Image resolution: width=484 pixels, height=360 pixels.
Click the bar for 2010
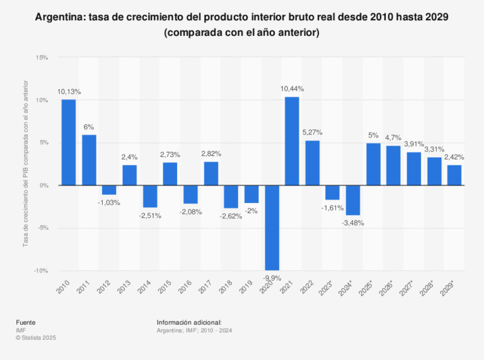click(x=69, y=142)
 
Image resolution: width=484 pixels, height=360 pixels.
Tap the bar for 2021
click(x=292, y=141)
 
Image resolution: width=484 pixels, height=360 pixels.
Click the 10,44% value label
click(x=292, y=89)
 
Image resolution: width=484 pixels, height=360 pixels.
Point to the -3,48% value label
click(x=353, y=223)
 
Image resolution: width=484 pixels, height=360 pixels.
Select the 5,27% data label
click(x=313, y=132)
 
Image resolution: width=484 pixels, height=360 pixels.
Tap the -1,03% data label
click(x=109, y=202)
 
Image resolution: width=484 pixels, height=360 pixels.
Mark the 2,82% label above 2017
click(x=210, y=154)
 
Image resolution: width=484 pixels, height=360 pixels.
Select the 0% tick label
click(x=43, y=185)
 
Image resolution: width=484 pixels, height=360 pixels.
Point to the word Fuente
click(x=26, y=322)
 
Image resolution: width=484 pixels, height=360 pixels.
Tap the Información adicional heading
click(x=189, y=322)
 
